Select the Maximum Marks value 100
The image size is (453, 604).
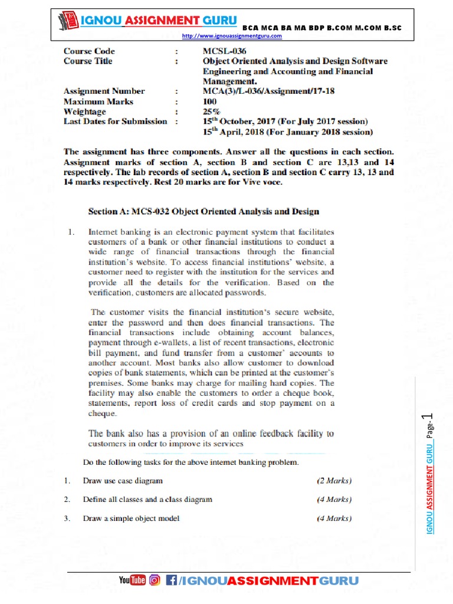point(210,101)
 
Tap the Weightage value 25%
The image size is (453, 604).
point(211,111)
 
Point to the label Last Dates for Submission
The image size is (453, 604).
point(115,122)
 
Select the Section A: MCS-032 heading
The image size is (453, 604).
point(203,211)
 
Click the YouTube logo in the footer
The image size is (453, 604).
point(132,580)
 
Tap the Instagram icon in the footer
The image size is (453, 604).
point(155,580)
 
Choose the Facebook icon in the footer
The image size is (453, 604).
point(172,580)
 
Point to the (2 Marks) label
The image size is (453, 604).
point(334,481)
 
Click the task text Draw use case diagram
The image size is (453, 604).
point(123,481)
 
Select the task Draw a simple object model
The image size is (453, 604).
point(131,519)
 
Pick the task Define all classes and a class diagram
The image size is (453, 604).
point(147,500)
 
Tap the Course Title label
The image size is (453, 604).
point(88,61)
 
